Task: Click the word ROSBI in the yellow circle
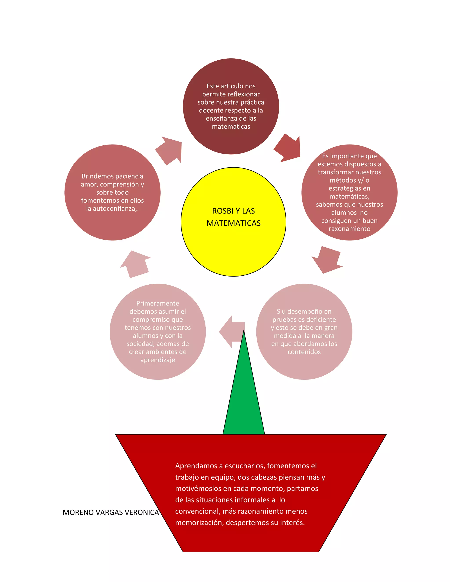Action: (223, 211)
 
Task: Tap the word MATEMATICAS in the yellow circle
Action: (233, 223)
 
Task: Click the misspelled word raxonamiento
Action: (349, 229)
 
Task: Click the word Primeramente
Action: (158, 303)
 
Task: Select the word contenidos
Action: (304, 352)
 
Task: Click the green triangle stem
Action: (244, 400)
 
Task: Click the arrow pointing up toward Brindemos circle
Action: (135, 264)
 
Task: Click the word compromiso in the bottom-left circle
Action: (158, 320)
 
